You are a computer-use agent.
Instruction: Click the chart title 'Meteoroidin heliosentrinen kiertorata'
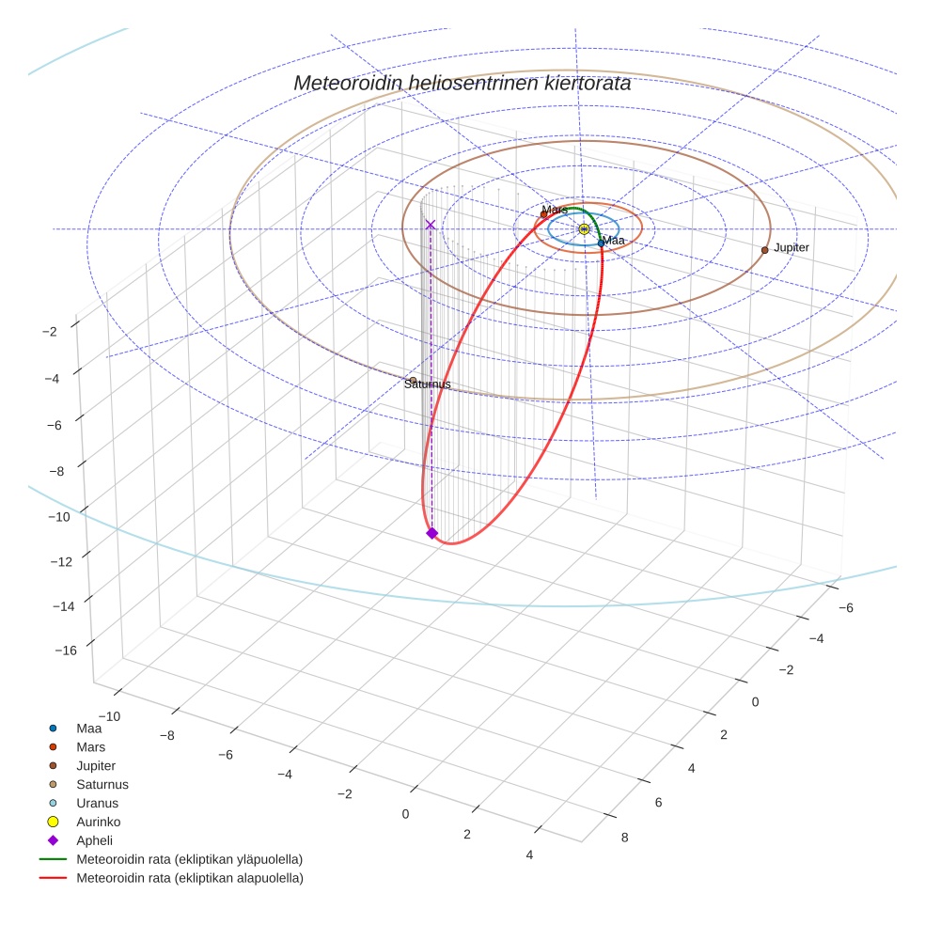click(462, 83)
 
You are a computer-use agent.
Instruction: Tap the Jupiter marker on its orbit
click(764, 250)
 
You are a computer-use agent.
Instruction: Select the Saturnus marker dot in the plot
click(413, 380)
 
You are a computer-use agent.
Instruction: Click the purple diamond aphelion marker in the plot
click(431, 533)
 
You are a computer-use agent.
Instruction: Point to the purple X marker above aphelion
click(431, 225)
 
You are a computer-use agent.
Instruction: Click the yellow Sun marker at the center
click(584, 229)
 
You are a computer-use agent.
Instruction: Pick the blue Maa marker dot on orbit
click(601, 243)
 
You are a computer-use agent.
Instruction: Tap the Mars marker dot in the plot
click(543, 214)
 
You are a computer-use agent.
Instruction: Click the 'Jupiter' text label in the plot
click(791, 247)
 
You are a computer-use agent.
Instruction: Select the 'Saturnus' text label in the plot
click(428, 384)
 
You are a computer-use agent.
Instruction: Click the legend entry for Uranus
click(97, 803)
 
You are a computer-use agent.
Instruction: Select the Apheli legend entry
click(94, 840)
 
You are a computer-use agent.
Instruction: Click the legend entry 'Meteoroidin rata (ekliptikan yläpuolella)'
click(189, 859)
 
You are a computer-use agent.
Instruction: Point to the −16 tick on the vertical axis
click(65, 650)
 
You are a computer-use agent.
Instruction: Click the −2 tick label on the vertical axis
click(51, 331)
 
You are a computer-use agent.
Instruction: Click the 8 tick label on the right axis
click(624, 835)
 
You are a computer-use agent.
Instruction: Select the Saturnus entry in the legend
click(102, 784)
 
